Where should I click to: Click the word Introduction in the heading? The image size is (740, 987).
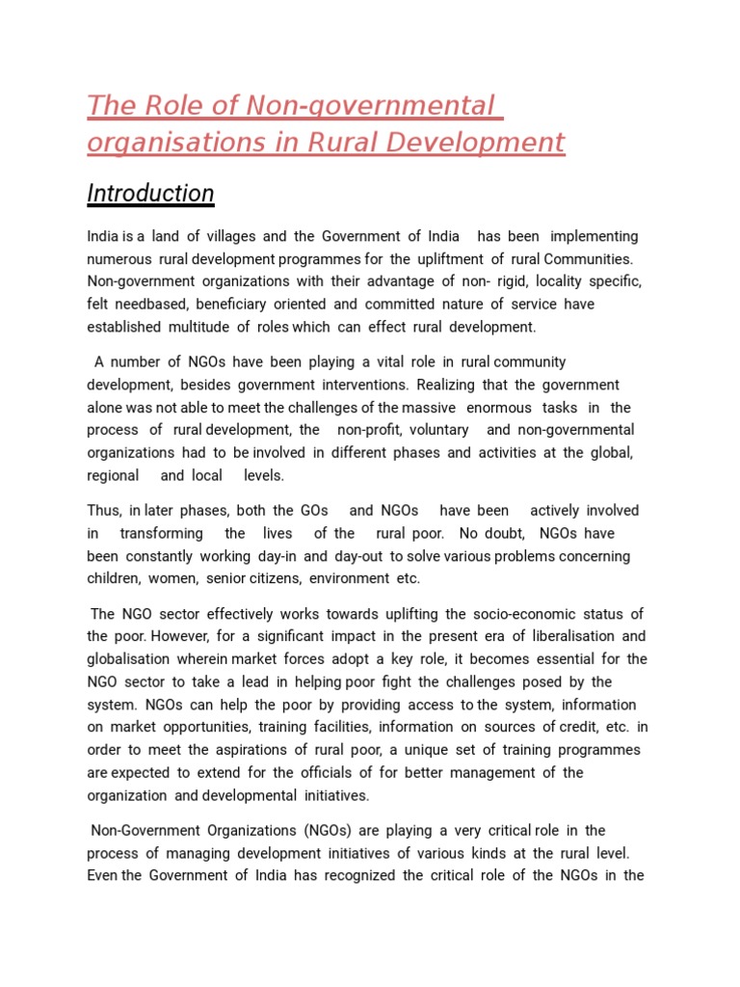150,194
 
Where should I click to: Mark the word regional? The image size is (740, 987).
113,475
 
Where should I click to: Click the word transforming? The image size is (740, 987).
162,533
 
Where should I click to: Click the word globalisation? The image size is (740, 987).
127,659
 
